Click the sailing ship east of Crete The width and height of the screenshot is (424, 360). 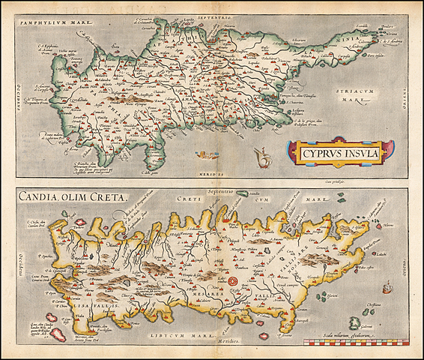click(388, 288)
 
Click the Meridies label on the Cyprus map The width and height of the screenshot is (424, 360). click(212, 172)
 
